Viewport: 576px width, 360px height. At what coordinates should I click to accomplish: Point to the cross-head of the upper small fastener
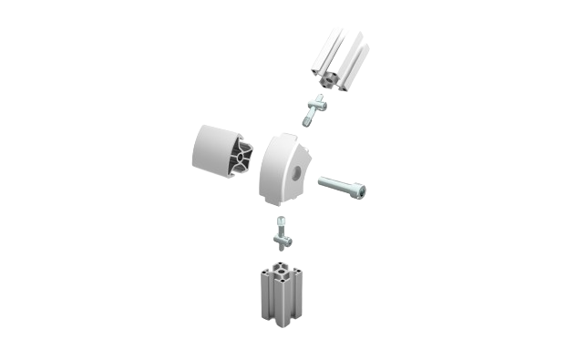tap(320, 106)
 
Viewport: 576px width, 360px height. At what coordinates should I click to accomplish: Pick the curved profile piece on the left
tap(222, 158)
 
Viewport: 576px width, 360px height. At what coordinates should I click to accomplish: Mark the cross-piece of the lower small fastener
tap(283, 239)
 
